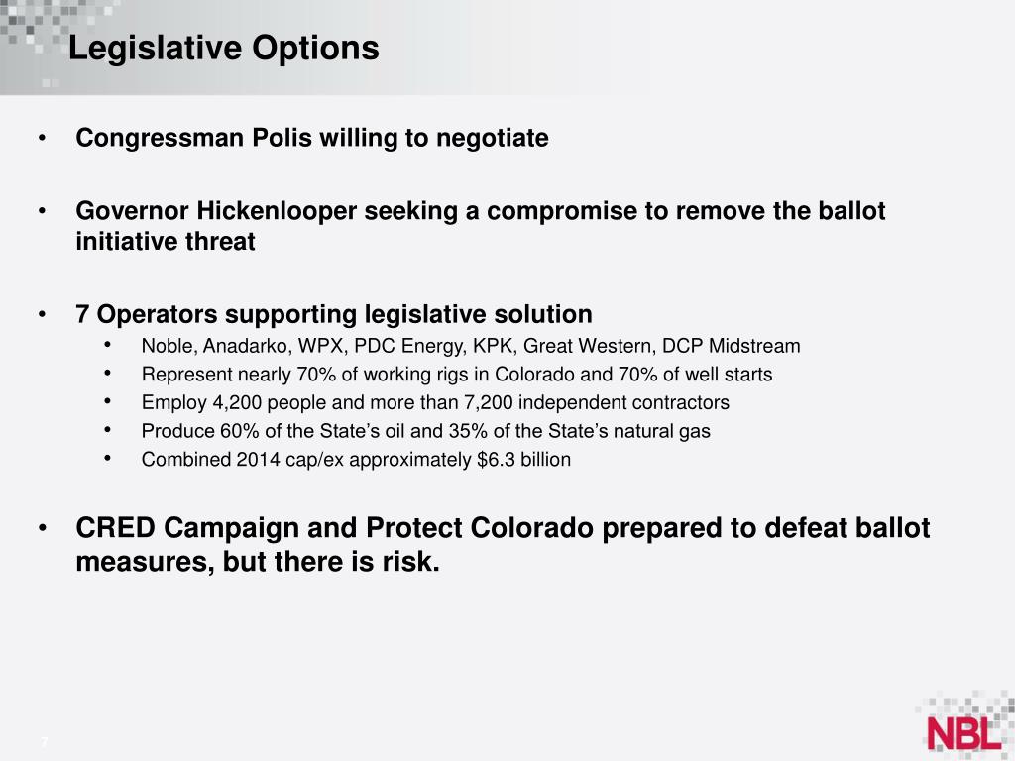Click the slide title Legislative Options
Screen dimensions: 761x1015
coord(223,48)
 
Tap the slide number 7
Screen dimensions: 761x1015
coord(45,744)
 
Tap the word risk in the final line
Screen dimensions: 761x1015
coord(410,562)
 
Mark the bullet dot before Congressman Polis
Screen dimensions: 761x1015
coord(42,138)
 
